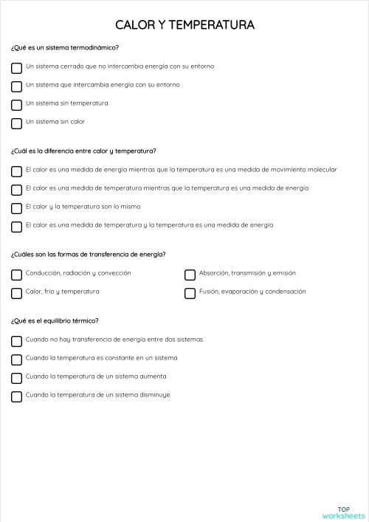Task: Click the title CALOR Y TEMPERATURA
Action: coord(184,25)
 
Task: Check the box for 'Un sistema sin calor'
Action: coord(16,123)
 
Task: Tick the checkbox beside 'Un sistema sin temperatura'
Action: coord(16,105)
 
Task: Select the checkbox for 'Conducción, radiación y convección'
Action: coord(16,275)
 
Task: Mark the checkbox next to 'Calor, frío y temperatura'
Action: coord(16,293)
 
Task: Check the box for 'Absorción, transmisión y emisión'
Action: coord(190,275)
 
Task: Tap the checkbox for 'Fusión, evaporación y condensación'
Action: coord(190,293)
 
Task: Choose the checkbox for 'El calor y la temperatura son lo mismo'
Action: coord(16,208)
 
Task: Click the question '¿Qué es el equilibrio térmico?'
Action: coord(55,320)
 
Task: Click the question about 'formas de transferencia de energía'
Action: coord(88,255)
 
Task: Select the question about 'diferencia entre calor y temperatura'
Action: coord(83,151)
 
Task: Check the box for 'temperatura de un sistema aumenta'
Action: coord(16,378)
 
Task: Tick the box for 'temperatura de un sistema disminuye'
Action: coord(16,396)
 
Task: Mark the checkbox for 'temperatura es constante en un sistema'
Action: coord(16,360)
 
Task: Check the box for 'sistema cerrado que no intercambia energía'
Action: coord(16,68)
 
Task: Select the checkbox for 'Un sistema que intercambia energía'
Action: coord(16,86)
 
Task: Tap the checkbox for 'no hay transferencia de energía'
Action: coord(16,341)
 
